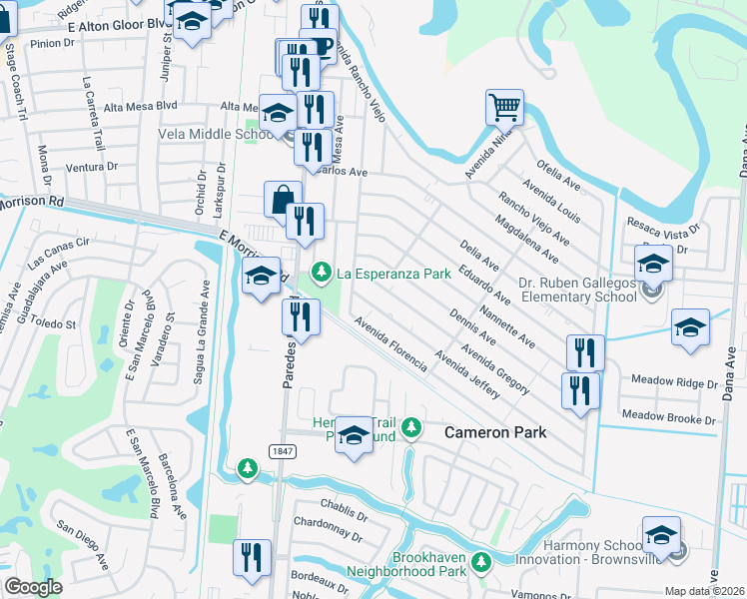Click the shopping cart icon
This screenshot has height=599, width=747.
pyautogui.click(x=504, y=106)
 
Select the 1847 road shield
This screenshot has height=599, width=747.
pyautogui.click(x=281, y=452)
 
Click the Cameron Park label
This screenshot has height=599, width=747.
pyautogui.click(x=495, y=432)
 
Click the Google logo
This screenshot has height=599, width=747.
pyautogui.click(x=33, y=587)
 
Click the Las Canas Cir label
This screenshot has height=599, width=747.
pyautogui.click(x=60, y=250)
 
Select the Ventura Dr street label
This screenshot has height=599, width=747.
pyautogui.click(x=92, y=167)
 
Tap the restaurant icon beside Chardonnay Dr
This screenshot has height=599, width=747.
pyautogui.click(x=250, y=556)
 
